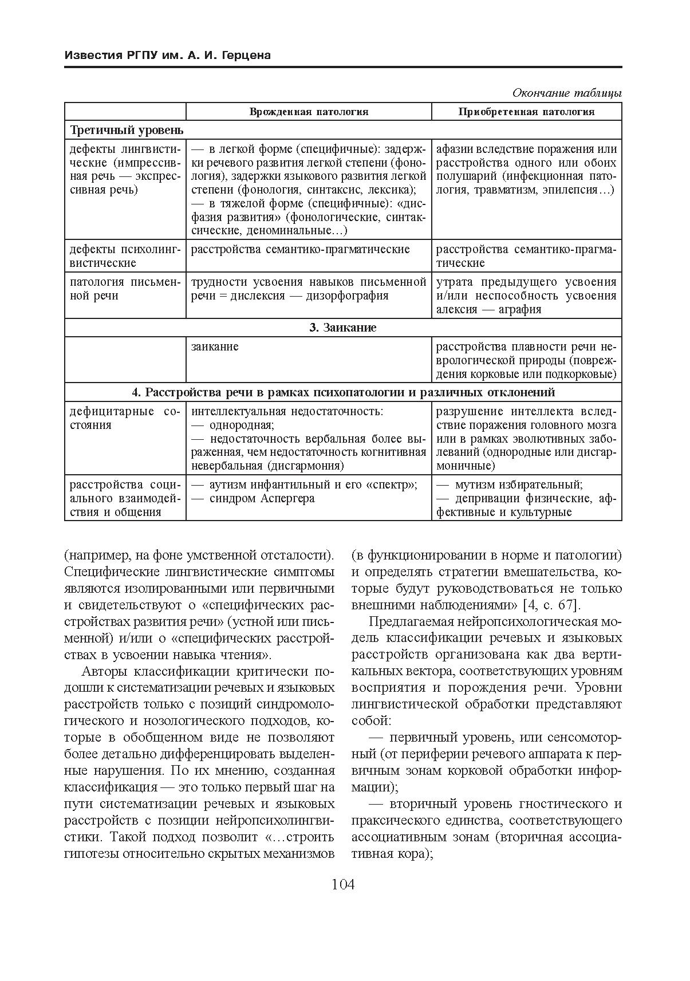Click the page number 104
point(344,885)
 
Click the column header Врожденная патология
point(309,112)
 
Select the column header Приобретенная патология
point(526,112)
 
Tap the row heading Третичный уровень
point(127,130)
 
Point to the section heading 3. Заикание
point(343,328)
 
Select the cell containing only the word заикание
point(215,347)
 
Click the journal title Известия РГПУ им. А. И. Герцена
point(167,56)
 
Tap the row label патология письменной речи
point(125,289)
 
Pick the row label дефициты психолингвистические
point(125,256)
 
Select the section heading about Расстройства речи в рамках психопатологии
point(343,393)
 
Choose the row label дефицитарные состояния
point(125,419)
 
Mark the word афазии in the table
point(454,149)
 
